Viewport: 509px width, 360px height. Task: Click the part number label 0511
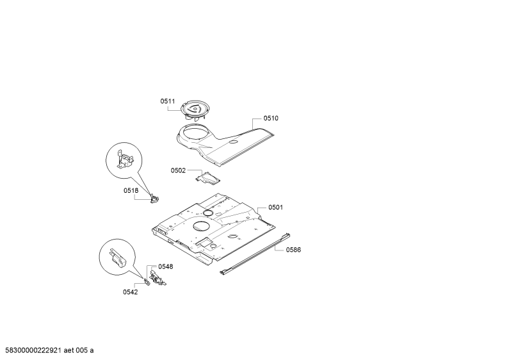(x=168, y=101)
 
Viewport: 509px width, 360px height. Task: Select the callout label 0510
(x=271, y=119)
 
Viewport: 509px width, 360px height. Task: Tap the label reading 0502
(x=178, y=170)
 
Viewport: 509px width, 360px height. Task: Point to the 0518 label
(x=131, y=191)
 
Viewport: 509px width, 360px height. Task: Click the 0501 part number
(x=275, y=208)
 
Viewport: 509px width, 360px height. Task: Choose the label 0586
(x=293, y=250)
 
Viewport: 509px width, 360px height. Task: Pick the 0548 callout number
(x=166, y=266)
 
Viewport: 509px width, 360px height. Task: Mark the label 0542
(x=130, y=292)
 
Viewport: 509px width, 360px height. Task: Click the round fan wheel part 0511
(x=194, y=110)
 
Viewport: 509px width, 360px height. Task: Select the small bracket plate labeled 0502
(x=207, y=178)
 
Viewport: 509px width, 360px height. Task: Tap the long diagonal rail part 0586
(x=255, y=254)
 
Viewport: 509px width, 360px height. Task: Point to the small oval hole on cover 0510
(x=233, y=142)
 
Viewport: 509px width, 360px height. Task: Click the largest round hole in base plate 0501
(x=202, y=226)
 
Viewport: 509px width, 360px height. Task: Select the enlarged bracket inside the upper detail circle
(x=125, y=160)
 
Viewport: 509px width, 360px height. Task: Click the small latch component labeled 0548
(x=158, y=279)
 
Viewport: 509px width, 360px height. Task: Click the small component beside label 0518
(x=155, y=199)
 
